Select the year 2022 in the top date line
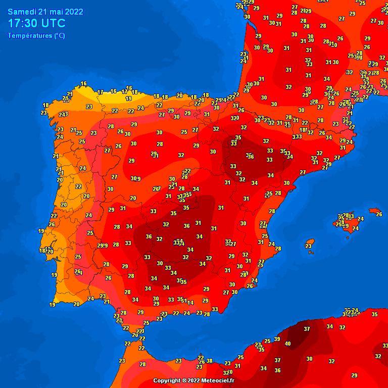pos(72,12)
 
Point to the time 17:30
pos(22,23)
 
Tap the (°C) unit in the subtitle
pos(59,35)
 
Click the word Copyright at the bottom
pos(168,380)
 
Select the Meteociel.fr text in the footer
pos(217,380)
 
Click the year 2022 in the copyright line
pos(193,380)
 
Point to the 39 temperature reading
pos(277,339)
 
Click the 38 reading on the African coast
pos(210,361)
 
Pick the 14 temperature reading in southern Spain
pos(190,303)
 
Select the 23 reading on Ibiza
pos(309,246)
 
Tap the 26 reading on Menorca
pos(379,214)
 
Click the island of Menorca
pos(374,210)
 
